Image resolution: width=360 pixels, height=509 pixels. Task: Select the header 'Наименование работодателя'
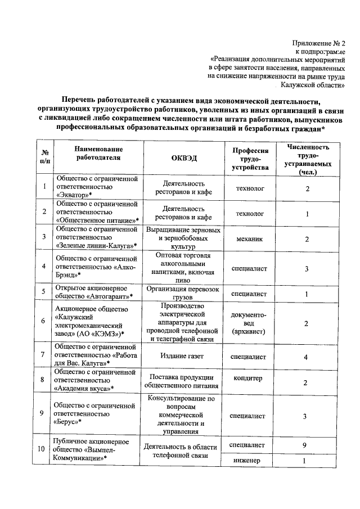pyautogui.click(x=97, y=153)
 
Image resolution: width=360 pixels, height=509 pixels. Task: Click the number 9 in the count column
pyautogui.click(x=307, y=445)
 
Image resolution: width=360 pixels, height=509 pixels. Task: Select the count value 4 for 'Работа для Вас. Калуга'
pyautogui.click(x=307, y=357)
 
